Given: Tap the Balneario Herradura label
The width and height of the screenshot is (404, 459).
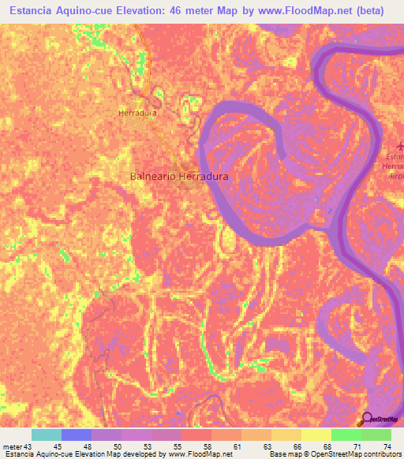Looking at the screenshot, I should point(179,177).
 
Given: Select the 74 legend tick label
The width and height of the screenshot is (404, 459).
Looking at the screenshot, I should point(387,446).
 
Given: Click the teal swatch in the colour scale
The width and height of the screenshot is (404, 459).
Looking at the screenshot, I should point(47,435).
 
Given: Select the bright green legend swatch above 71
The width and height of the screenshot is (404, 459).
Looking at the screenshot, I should point(346,435).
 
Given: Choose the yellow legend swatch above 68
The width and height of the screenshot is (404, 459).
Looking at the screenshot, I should point(316,435).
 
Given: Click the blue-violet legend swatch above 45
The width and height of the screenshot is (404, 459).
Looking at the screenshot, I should point(77,435).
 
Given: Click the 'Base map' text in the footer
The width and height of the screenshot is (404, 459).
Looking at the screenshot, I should point(288,454).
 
